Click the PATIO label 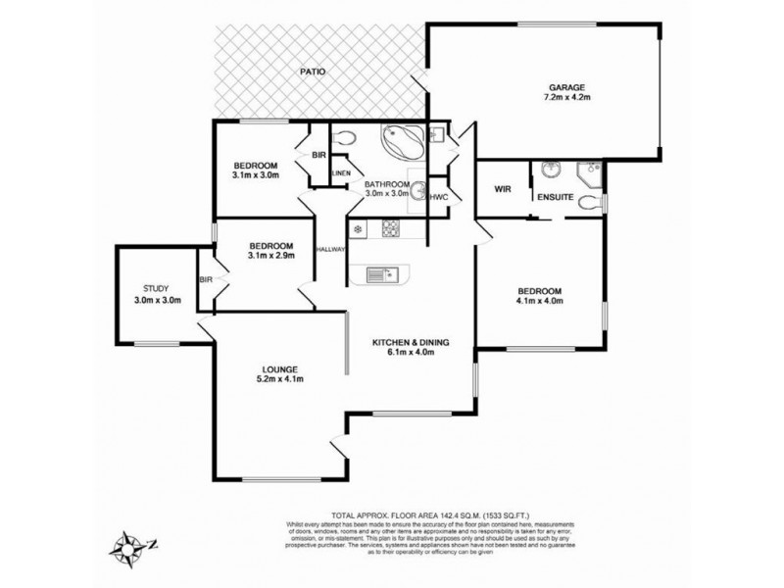pyautogui.click(x=314, y=73)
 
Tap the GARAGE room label pyautogui.click(x=565, y=87)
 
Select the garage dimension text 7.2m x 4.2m pyautogui.click(x=565, y=98)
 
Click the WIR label pyautogui.click(x=504, y=188)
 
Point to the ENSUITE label pyautogui.click(x=556, y=199)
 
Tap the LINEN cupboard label pyautogui.click(x=340, y=174)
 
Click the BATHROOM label pyautogui.click(x=386, y=184)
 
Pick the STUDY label pyautogui.click(x=157, y=289)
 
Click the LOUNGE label pyautogui.click(x=279, y=369)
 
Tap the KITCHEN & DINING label pyautogui.click(x=410, y=342)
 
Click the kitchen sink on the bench pyautogui.click(x=380, y=275)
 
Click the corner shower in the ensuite pyautogui.click(x=589, y=173)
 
